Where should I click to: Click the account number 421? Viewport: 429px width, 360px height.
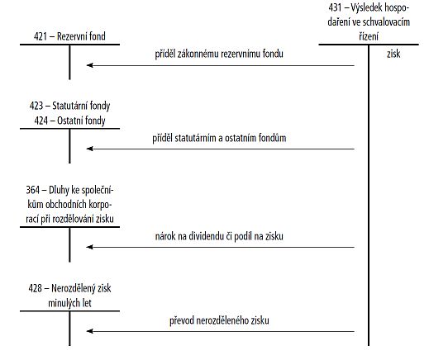pos(41,36)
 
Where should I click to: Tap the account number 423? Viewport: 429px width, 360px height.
pos(36,106)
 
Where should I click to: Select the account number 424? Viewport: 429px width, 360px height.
pos(41,121)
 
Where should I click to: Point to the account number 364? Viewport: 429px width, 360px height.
pos(32,190)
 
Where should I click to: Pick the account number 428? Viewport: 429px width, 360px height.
pos(35,288)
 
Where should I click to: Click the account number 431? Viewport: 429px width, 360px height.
pos(335,7)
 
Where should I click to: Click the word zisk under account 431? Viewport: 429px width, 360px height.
pos(393,54)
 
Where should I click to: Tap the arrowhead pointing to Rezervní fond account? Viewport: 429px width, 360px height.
pos(89,65)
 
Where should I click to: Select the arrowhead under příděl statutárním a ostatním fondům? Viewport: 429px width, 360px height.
pos(89,149)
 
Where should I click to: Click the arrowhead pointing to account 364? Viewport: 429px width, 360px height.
pos(89,247)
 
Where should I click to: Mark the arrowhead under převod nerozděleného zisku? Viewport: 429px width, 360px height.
pos(89,331)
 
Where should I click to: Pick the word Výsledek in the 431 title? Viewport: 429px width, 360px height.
pos(366,7)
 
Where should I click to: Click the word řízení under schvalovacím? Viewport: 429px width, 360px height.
pos(369,36)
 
